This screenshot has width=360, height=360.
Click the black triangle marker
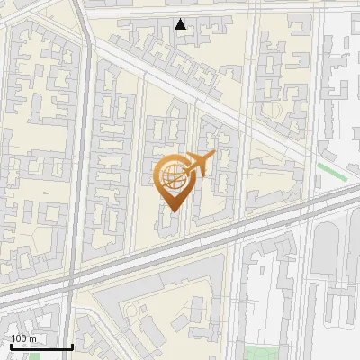[x=181, y=24]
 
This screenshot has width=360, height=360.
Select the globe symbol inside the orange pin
[x=171, y=175]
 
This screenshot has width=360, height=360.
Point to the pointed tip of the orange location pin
[x=172, y=211]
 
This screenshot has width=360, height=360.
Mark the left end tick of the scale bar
[x=10, y=346]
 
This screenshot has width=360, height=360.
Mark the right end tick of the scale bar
[x=72, y=346]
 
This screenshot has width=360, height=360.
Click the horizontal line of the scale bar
[x=40, y=347]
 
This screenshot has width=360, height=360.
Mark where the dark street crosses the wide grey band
[x=72, y=280]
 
